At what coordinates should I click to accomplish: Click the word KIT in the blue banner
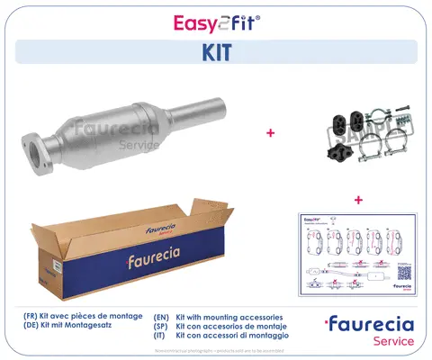tap(215, 52)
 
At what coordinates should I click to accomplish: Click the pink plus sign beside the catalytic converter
tap(269, 133)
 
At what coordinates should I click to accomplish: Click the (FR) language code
tap(32, 318)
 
